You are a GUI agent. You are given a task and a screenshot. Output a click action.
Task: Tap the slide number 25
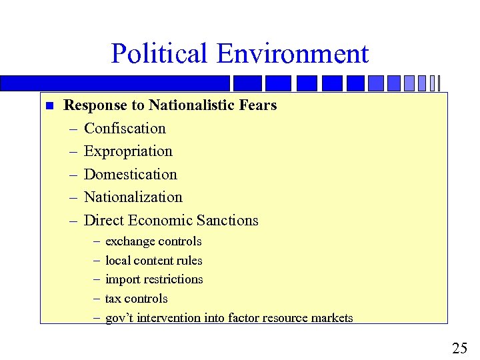(459, 348)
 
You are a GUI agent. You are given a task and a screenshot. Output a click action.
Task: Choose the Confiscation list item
(125, 129)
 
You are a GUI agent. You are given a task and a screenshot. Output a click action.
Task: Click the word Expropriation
(128, 151)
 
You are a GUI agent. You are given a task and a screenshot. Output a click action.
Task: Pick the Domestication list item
(130, 175)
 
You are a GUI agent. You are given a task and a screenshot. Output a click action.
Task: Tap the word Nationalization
(133, 197)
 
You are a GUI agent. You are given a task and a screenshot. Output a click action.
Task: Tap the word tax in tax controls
(113, 299)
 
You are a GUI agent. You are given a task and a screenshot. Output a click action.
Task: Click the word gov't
(119, 318)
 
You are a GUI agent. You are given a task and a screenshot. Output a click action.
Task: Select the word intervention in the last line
(169, 318)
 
